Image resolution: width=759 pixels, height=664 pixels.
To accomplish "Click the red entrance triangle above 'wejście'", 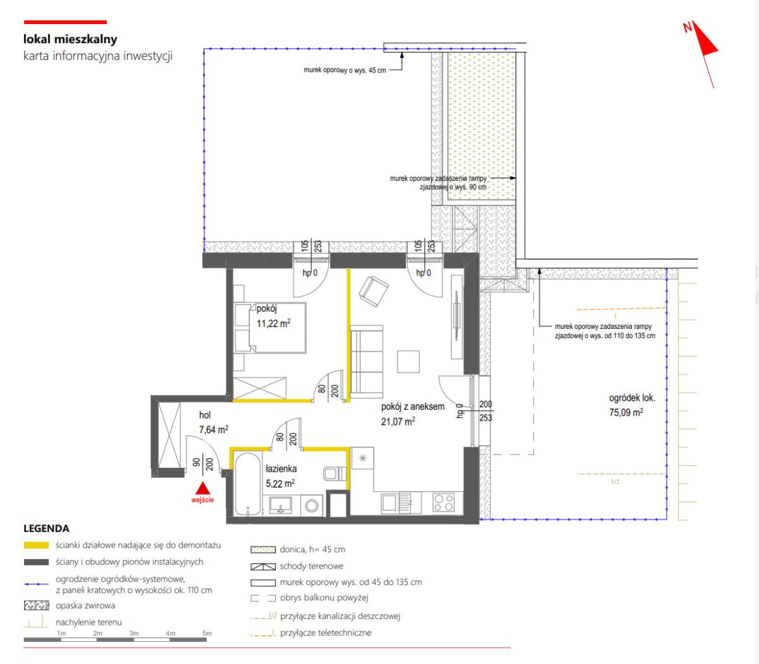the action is [202, 488].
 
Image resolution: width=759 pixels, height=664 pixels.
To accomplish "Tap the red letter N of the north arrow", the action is [688, 27].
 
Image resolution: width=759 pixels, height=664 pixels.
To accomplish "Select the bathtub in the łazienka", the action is [247, 483].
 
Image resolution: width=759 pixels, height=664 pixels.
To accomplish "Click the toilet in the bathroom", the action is [335, 473].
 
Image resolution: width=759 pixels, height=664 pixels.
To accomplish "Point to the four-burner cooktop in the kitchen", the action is [443, 503].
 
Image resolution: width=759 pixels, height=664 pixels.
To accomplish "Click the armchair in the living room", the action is [374, 291].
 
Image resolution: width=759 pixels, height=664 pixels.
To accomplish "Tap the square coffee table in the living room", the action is [408, 361].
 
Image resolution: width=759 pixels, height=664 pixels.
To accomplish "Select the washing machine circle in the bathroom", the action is [312, 505].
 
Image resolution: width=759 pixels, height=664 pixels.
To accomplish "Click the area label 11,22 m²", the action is [273, 324].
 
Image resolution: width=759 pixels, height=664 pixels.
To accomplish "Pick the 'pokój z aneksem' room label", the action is [412, 407].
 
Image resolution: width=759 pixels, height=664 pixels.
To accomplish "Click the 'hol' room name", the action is [205, 415].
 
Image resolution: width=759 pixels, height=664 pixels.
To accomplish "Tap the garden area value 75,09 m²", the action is [626, 412].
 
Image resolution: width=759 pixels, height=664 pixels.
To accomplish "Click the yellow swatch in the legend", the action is [36, 545].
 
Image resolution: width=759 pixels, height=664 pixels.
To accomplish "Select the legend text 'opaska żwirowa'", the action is [85, 605].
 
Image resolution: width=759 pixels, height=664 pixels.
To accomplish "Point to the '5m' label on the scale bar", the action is [207, 633].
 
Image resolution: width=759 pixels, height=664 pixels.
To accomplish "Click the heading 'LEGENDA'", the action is [46, 528].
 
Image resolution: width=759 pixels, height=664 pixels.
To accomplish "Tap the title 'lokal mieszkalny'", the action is [70, 39].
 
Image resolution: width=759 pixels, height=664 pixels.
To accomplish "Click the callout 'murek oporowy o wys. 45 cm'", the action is [345, 70].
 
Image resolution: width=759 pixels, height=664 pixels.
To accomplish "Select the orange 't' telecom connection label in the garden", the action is [615, 316].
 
